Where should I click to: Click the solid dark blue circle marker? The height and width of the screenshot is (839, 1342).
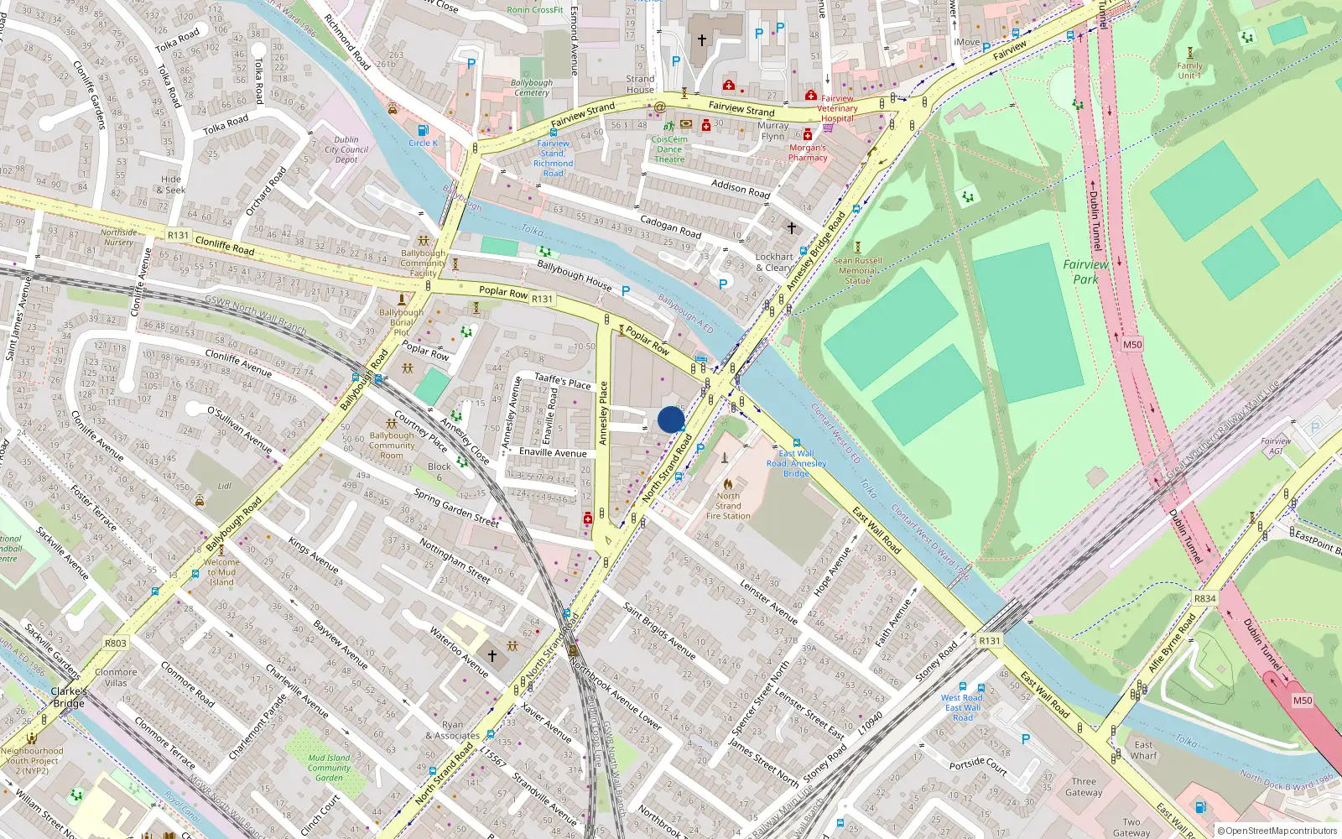click(671, 419)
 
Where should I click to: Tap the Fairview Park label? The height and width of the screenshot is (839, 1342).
click(1085, 272)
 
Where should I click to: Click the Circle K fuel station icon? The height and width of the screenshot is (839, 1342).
click(424, 131)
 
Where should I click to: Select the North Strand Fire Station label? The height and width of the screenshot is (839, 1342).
click(727, 506)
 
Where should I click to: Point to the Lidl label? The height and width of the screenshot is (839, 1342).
click(225, 486)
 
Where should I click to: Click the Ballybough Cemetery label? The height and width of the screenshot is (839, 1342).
click(532, 87)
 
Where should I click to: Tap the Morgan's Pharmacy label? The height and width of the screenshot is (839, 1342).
click(808, 152)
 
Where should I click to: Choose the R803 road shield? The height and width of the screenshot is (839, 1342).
click(116, 644)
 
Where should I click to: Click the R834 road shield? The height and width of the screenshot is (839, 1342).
click(1204, 598)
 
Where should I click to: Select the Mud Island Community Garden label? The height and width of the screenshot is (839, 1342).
click(329, 768)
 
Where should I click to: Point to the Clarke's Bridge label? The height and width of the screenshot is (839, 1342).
click(69, 697)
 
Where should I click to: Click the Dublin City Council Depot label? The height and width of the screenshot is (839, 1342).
click(346, 149)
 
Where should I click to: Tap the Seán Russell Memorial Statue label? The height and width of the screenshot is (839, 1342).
click(857, 270)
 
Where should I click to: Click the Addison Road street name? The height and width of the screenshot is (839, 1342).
click(740, 188)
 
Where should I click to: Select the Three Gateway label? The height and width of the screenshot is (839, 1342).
click(1084, 787)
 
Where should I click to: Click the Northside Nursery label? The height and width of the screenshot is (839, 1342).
click(118, 237)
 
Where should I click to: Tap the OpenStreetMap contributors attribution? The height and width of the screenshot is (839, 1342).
click(1277, 831)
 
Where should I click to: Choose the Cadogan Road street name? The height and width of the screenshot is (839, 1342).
click(670, 226)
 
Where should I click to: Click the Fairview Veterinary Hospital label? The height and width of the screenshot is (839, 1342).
click(837, 108)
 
